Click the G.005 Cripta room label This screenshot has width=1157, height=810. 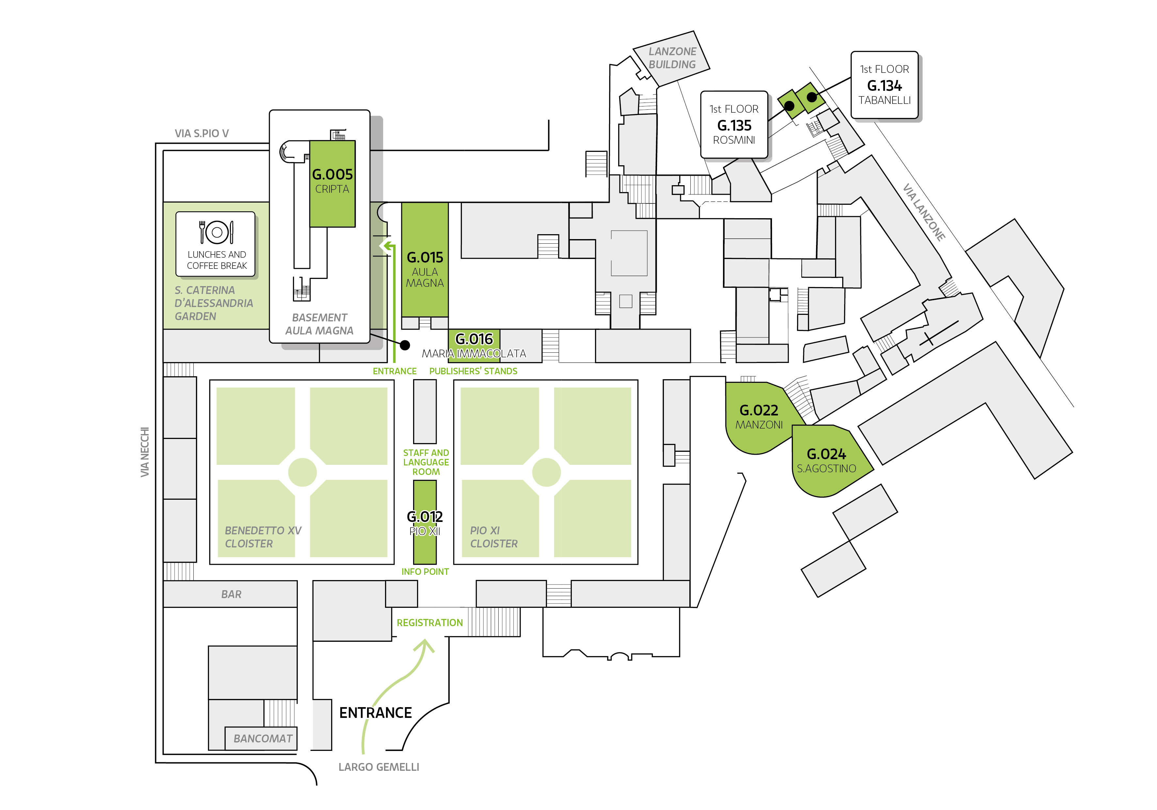[332, 180]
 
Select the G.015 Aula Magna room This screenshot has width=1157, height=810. [425, 260]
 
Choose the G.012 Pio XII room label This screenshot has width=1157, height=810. [425, 523]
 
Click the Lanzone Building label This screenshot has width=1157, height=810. [672, 58]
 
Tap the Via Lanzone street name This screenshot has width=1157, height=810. [924, 212]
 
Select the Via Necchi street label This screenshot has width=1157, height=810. [145, 452]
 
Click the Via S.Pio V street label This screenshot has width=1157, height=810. [201, 134]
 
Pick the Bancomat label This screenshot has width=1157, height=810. [263, 738]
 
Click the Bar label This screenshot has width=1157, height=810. [231, 594]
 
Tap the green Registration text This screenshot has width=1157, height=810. [429, 623]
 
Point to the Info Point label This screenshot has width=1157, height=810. [425, 572]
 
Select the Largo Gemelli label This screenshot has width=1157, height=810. [378, 767]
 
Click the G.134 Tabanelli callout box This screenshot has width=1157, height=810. [884, 85]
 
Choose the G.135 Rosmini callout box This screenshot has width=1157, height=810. [734, 124]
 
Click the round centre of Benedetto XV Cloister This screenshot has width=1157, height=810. [302, 472]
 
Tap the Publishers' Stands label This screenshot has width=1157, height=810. [473, 371]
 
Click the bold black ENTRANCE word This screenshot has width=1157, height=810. [376, 712]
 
